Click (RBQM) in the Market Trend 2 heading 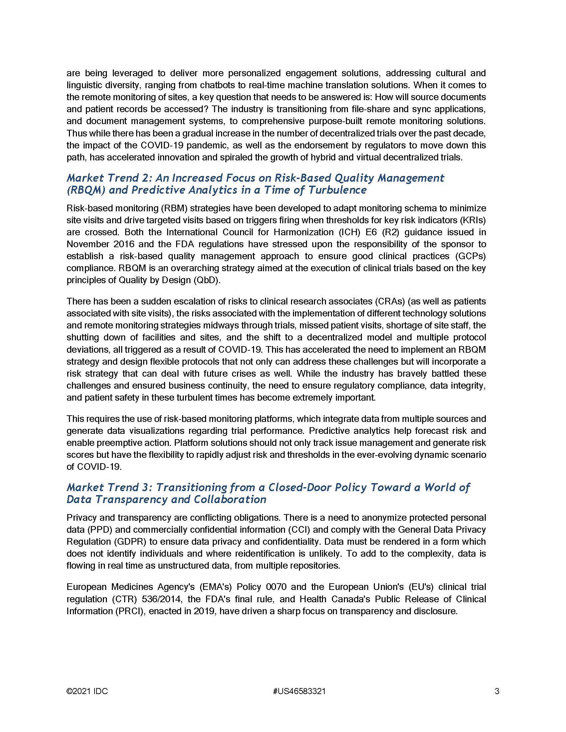coord(85,190)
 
